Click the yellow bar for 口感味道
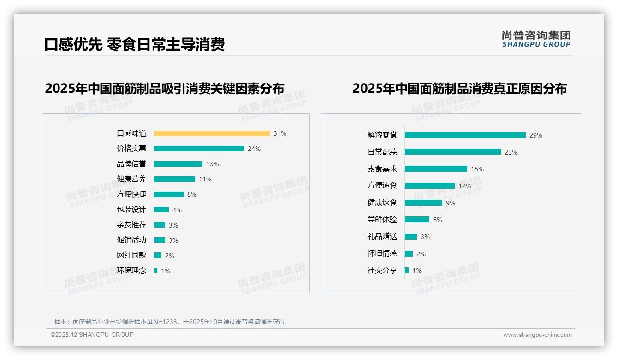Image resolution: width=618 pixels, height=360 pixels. click(x=212, y=133)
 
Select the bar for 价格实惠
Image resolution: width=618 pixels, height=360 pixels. click(x=199, y=149)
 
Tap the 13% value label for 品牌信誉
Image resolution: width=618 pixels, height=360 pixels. click(x=213, y=164)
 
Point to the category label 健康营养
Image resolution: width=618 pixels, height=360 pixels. click(x=131, y=179)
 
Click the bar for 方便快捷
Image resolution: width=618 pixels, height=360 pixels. click(x=169, y=194)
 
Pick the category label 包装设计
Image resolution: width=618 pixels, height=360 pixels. click(x=131, y=210)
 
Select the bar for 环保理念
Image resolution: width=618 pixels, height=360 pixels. click(x=156, y=270)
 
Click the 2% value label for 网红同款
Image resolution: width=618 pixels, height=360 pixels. click(x=170, y=256)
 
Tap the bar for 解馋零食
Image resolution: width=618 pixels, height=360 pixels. click(x=465, y=135)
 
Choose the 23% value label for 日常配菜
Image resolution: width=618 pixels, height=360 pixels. click(x=511, y=152)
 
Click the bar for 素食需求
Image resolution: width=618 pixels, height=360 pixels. click(x=436, y=169)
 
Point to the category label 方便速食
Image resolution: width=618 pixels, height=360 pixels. click(x=382, y=186)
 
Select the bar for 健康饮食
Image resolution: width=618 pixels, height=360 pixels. click(x=423, y=203)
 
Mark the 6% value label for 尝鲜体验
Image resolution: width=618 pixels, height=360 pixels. click(x=438, y=220)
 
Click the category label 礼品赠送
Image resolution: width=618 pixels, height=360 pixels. click(x=382, y=236)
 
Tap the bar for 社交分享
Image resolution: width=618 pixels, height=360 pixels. click(x=407, y=270)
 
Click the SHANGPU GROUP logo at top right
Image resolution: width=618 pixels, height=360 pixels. click(x=536, y=39)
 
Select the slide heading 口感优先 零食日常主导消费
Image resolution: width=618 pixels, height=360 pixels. click(x=134, y=44)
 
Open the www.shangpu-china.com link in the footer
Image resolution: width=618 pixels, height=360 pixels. click(x=537, y=335)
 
